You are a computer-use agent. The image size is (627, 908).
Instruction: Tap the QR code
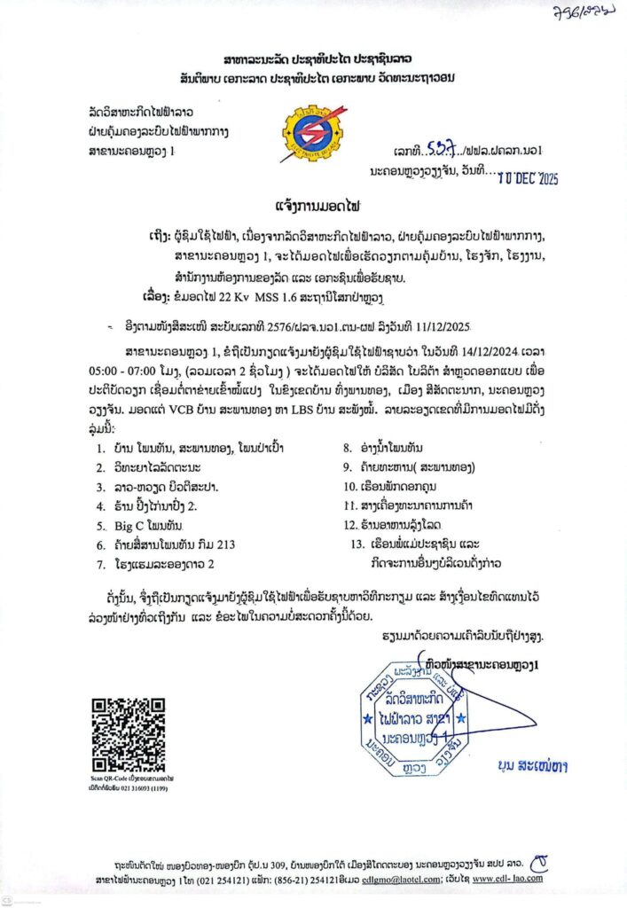(128, 734)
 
